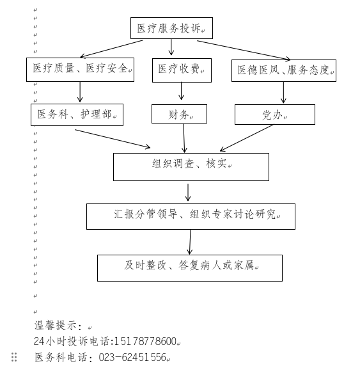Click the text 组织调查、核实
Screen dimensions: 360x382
pos(189,163)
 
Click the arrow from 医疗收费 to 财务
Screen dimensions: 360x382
pos(181,91)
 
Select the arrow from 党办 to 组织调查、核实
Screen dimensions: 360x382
pos(247,138)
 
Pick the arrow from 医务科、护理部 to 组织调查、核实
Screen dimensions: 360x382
pos(113,139)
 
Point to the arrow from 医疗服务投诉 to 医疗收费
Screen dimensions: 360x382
pos(171,47)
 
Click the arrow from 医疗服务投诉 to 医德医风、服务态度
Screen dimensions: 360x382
pos(244,50)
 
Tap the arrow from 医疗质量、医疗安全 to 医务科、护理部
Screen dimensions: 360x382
pos(80,92)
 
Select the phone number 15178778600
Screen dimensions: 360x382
pos(145,341)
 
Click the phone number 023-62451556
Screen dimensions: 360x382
pos(132,358)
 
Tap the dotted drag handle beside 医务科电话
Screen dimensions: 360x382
pos(14,357)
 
